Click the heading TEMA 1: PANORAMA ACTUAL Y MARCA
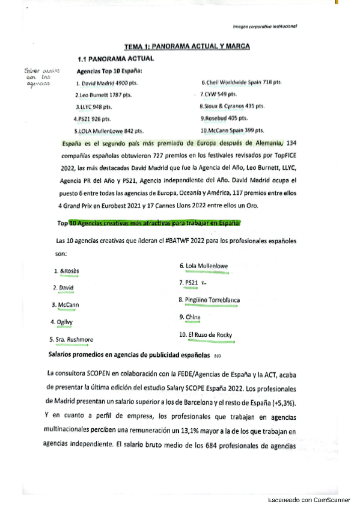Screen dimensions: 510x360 (x=187, y=46)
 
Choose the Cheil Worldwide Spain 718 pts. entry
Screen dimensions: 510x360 (x=242, y=81)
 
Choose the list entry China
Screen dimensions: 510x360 (x=193, y=316)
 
